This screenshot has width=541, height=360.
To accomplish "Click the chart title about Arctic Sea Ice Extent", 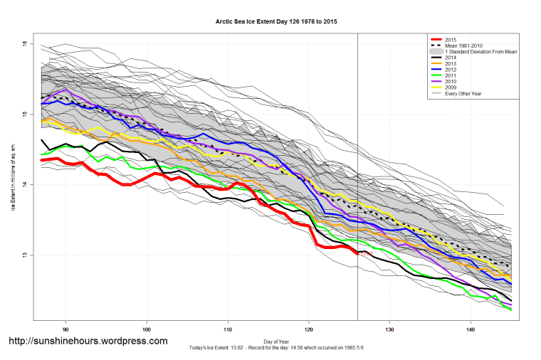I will (276, 22).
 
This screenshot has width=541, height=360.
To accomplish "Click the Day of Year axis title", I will (276, 340).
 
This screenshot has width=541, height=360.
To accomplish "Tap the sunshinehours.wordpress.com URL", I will (88, 341).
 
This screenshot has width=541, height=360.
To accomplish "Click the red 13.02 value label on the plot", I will (366, 253).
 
